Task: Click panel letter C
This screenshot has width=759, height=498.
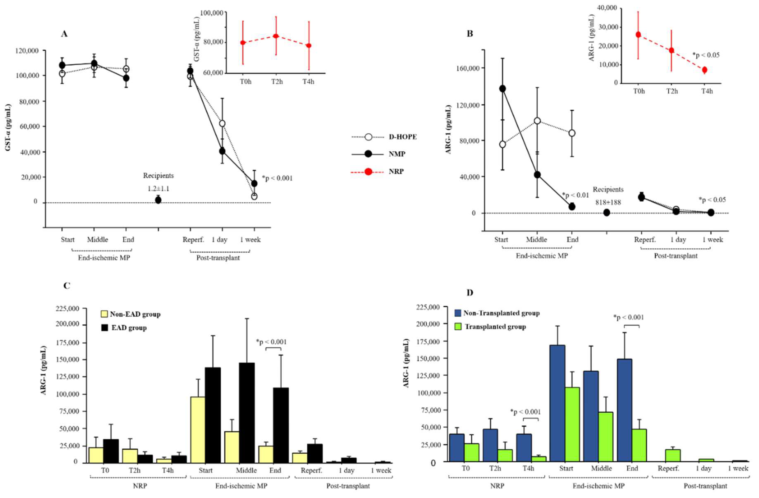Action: tap(66, 285)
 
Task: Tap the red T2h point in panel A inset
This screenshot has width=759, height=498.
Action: tap(276, 36)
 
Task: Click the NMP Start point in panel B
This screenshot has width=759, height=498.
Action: tap(503, 89)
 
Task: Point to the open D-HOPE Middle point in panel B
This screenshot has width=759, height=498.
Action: tap(537, 121)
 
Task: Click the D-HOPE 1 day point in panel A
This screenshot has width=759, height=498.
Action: tap(222, 124)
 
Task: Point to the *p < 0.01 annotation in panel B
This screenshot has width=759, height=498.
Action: tap(575, 195)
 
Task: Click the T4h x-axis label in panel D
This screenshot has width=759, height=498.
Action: tap(528, 468)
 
